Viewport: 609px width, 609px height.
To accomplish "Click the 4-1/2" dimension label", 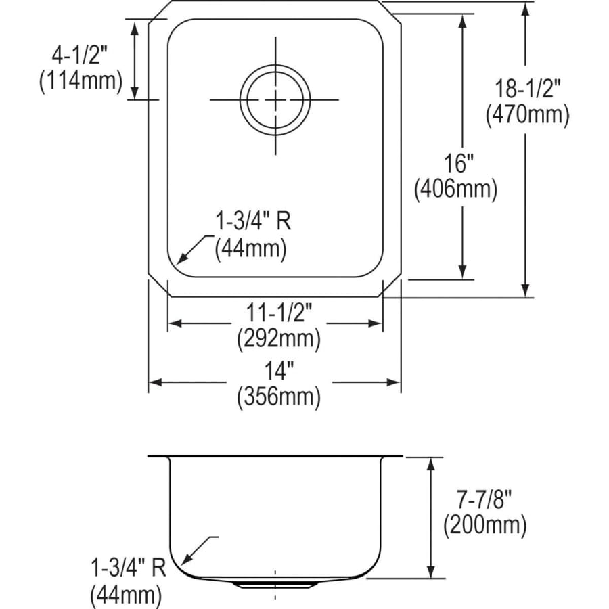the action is [79, 55].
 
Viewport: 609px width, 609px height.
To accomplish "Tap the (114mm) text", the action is [81, 81].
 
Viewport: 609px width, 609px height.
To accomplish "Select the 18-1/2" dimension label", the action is [527, 89].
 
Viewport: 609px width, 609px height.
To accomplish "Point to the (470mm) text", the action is [527, 114].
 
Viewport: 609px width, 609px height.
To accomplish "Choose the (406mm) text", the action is [455, 189].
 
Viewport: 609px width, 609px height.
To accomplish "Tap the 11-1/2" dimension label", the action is [279, 313].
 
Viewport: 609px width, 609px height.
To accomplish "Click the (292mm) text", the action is [279, 339].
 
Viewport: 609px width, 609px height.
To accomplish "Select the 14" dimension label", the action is [279, 371].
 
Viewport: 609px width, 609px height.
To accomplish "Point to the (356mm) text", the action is [279, 397].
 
